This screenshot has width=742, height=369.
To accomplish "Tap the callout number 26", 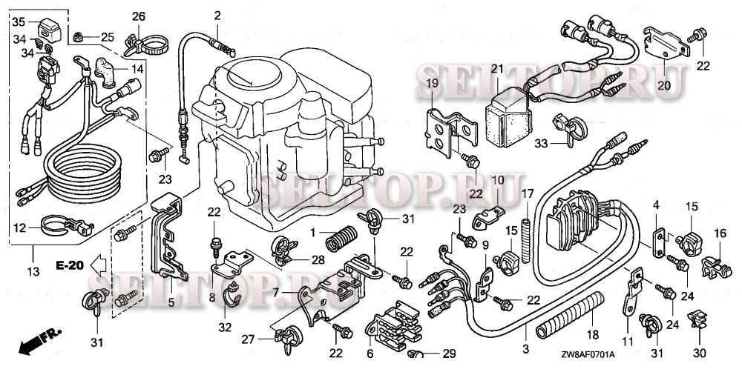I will (x=139, y=16).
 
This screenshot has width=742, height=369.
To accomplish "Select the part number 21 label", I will (x=497, y=69).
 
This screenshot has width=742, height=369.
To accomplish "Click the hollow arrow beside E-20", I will (x=97, y=265).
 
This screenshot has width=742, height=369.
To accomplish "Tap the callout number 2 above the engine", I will (x=217, y=16).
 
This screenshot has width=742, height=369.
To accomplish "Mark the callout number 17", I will (x=527, y=194).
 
